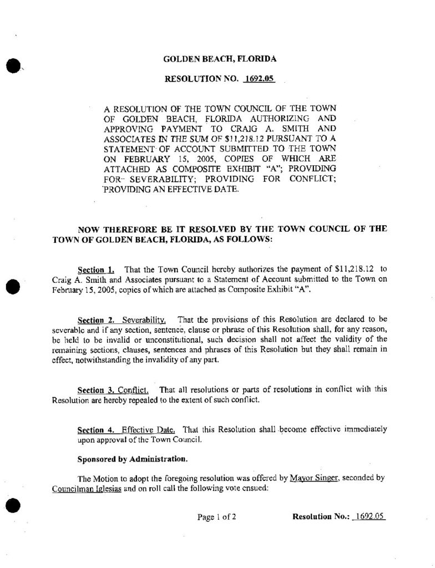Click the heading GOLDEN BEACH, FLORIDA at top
pyautogui.click(x=220, y=59)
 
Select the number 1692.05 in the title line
pyautogui.click(x=259, y=79)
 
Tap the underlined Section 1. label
pyautogui.click(x=96, y=270)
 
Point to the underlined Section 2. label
pyautogui.click(x=96, y=320)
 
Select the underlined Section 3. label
pyautogui.click(x=96, y=390)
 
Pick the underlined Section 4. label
pyautogui.click(x=96, y=430)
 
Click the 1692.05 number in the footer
pyautogui.click(x=370, y=517)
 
